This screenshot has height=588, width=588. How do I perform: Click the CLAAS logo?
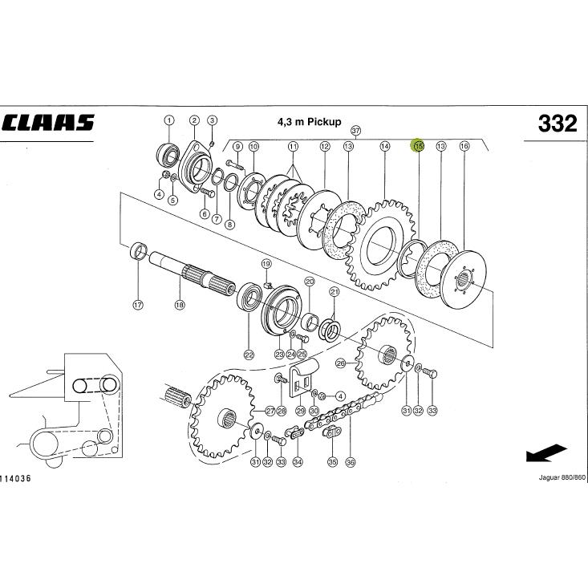click(x=48, y=122)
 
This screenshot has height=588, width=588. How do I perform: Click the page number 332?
click(x=558, y=124)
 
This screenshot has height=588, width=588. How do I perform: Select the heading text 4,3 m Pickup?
click(x=310, y=121)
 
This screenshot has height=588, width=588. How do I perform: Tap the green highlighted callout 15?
click(x=418, y=145)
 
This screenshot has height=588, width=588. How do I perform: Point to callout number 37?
click(x=355, y=131)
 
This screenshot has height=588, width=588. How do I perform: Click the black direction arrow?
click(x=546, y=453)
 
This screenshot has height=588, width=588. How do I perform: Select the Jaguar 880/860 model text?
click(x=562, y=478)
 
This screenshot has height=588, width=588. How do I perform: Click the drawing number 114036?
click(x=16, y=478)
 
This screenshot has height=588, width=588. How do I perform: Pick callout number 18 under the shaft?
click(x=180, y=305)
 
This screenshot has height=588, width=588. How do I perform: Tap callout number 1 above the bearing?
click(x=169, y=120)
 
